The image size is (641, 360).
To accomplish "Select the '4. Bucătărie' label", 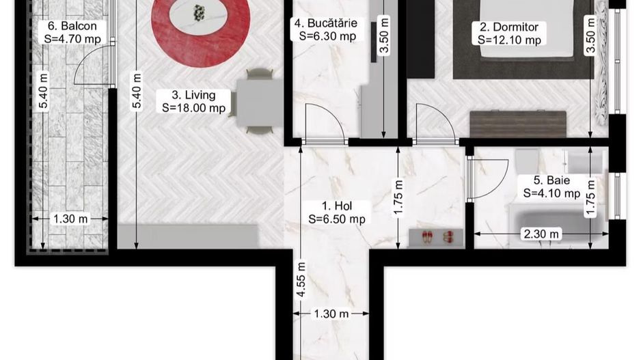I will click(x=325, y=23).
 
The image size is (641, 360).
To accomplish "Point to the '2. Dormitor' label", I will click(x=509, y=27).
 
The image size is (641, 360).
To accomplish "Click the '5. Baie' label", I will click(x=551, y=181).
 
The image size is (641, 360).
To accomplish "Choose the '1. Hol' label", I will click(x=337, y=206).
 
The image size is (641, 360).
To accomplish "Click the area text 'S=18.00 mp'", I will click(x=194, y=107).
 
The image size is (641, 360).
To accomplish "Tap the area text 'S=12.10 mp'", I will click(x=509, y=40).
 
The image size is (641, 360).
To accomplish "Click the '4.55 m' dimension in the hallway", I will click(x=300, y=281).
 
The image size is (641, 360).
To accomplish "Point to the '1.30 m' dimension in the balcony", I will click(x=69, y=219).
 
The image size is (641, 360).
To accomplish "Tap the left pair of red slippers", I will click(x=427, y=237).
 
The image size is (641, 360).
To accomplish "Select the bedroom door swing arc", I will click(x=432, y=121).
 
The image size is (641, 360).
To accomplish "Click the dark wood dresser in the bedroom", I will click(x=518, y=124).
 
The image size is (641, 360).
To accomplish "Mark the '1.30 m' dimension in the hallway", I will click(x=331, y=314).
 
